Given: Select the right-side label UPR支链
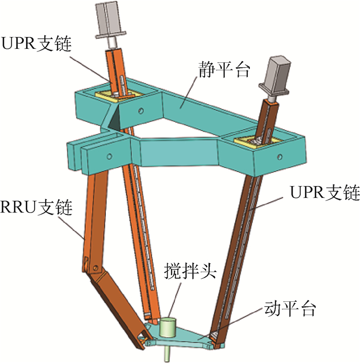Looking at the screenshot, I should [321, 194].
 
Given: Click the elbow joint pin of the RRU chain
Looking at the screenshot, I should [96, 268].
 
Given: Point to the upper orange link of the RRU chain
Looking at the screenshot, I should [98, 216].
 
